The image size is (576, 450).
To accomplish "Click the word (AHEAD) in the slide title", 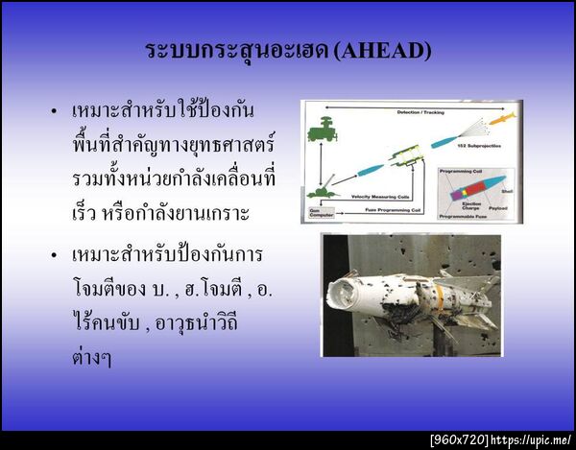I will point(383,50).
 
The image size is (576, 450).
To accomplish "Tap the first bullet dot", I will point(55,111).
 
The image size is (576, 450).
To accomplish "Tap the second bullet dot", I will point(55,258).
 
